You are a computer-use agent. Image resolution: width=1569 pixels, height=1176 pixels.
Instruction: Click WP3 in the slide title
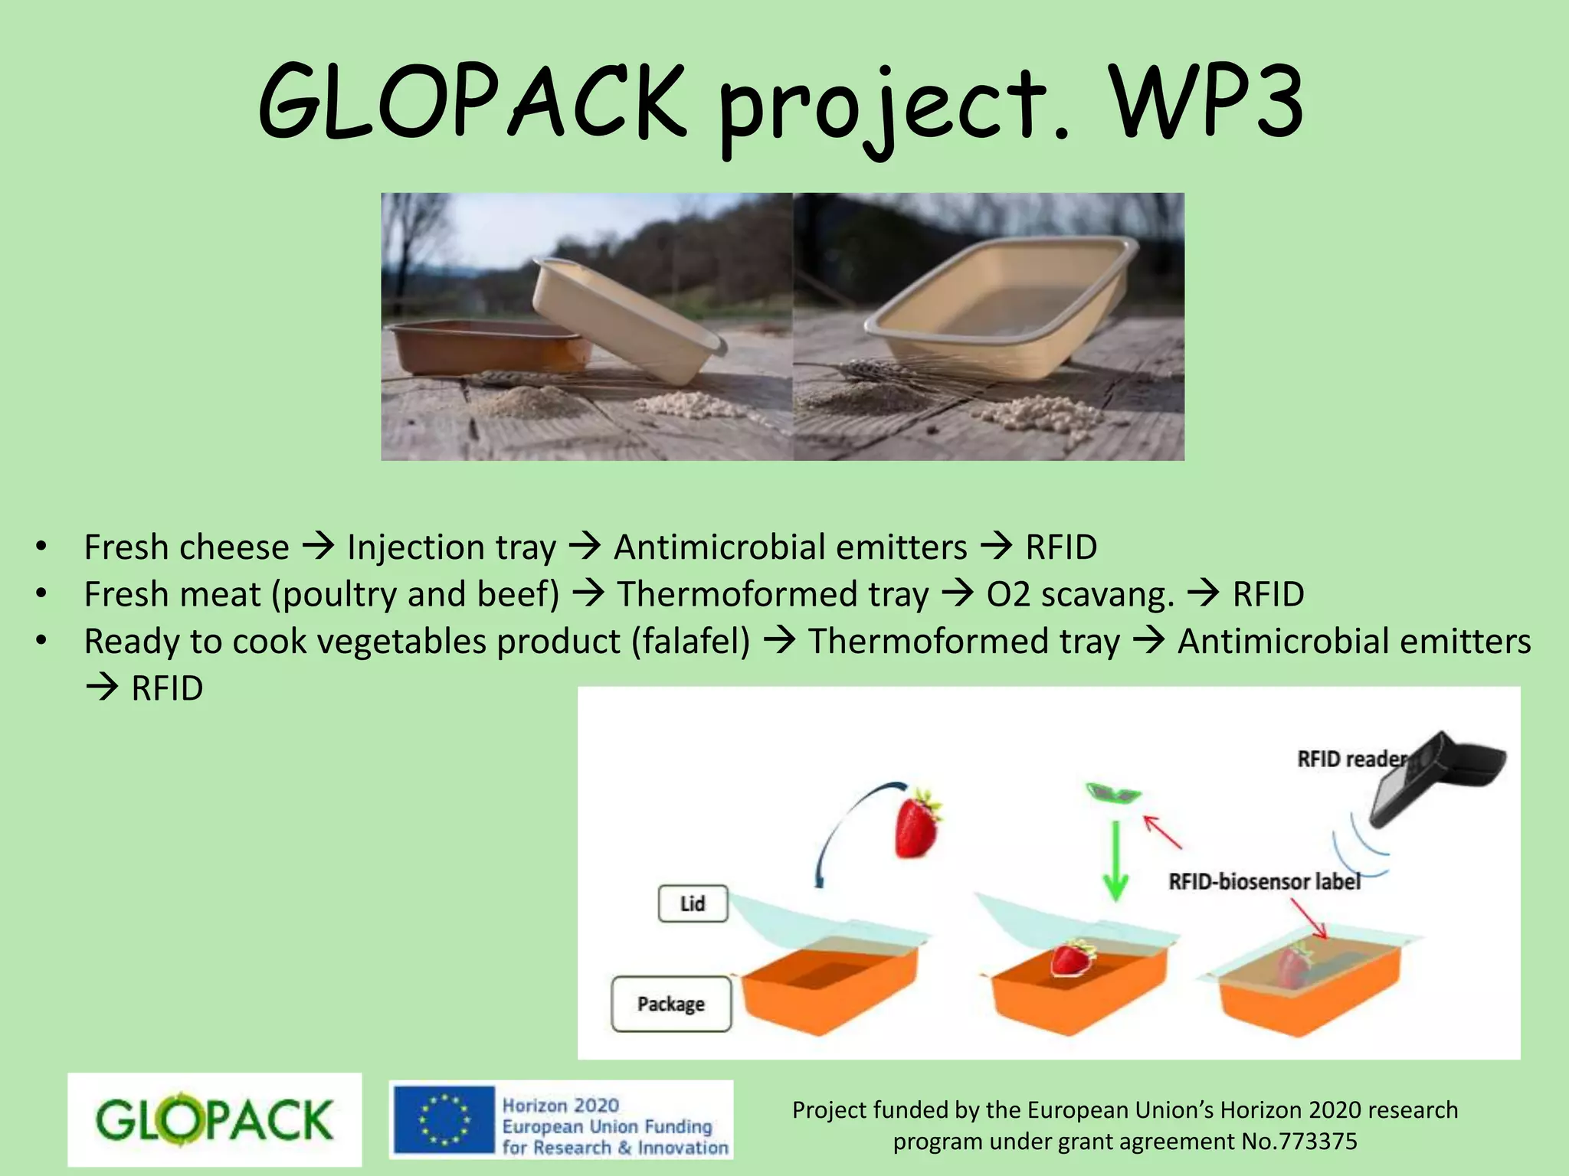point(1207,103)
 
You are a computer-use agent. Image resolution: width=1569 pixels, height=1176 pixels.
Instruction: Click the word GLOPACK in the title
point(471,103)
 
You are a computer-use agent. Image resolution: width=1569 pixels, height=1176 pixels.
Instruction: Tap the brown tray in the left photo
point(479,348)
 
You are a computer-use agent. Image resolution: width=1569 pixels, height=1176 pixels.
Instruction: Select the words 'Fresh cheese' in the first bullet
point(186,547)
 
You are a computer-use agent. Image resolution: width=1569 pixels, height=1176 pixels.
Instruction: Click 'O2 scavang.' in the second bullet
point(1080,595)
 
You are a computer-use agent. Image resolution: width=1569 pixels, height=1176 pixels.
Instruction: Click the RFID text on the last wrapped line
point(167,688)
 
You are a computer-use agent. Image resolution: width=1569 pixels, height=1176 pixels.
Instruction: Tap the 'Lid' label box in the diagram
point(693,903)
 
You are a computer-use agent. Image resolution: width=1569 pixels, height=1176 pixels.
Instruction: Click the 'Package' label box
point(671,1004)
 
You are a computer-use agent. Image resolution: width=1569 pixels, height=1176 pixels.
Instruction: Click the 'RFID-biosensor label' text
point(1264,881)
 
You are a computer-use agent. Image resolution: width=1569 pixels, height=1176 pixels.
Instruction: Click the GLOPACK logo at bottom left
point(215,1119)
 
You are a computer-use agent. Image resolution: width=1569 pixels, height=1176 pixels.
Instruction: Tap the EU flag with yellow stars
point(444,1119)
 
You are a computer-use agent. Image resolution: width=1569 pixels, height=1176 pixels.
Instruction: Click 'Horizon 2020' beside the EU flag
point(560,1105)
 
